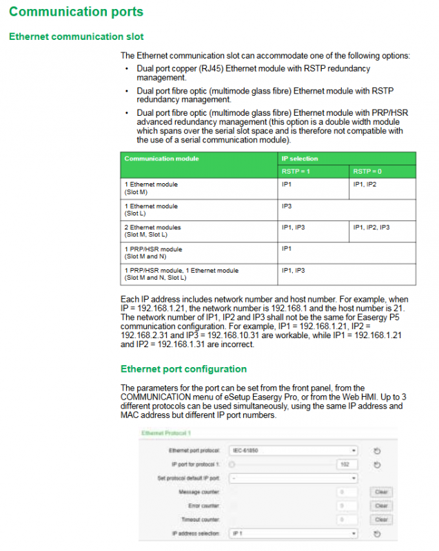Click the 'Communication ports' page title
76,12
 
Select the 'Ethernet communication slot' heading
76,36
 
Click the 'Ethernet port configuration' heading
183,369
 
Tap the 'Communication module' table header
161,158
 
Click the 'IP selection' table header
300,158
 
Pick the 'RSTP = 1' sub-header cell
296,171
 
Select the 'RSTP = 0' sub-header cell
367,171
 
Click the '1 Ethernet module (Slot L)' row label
151,209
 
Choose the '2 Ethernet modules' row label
153,227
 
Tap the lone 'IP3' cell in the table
287,206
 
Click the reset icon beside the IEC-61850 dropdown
377,451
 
